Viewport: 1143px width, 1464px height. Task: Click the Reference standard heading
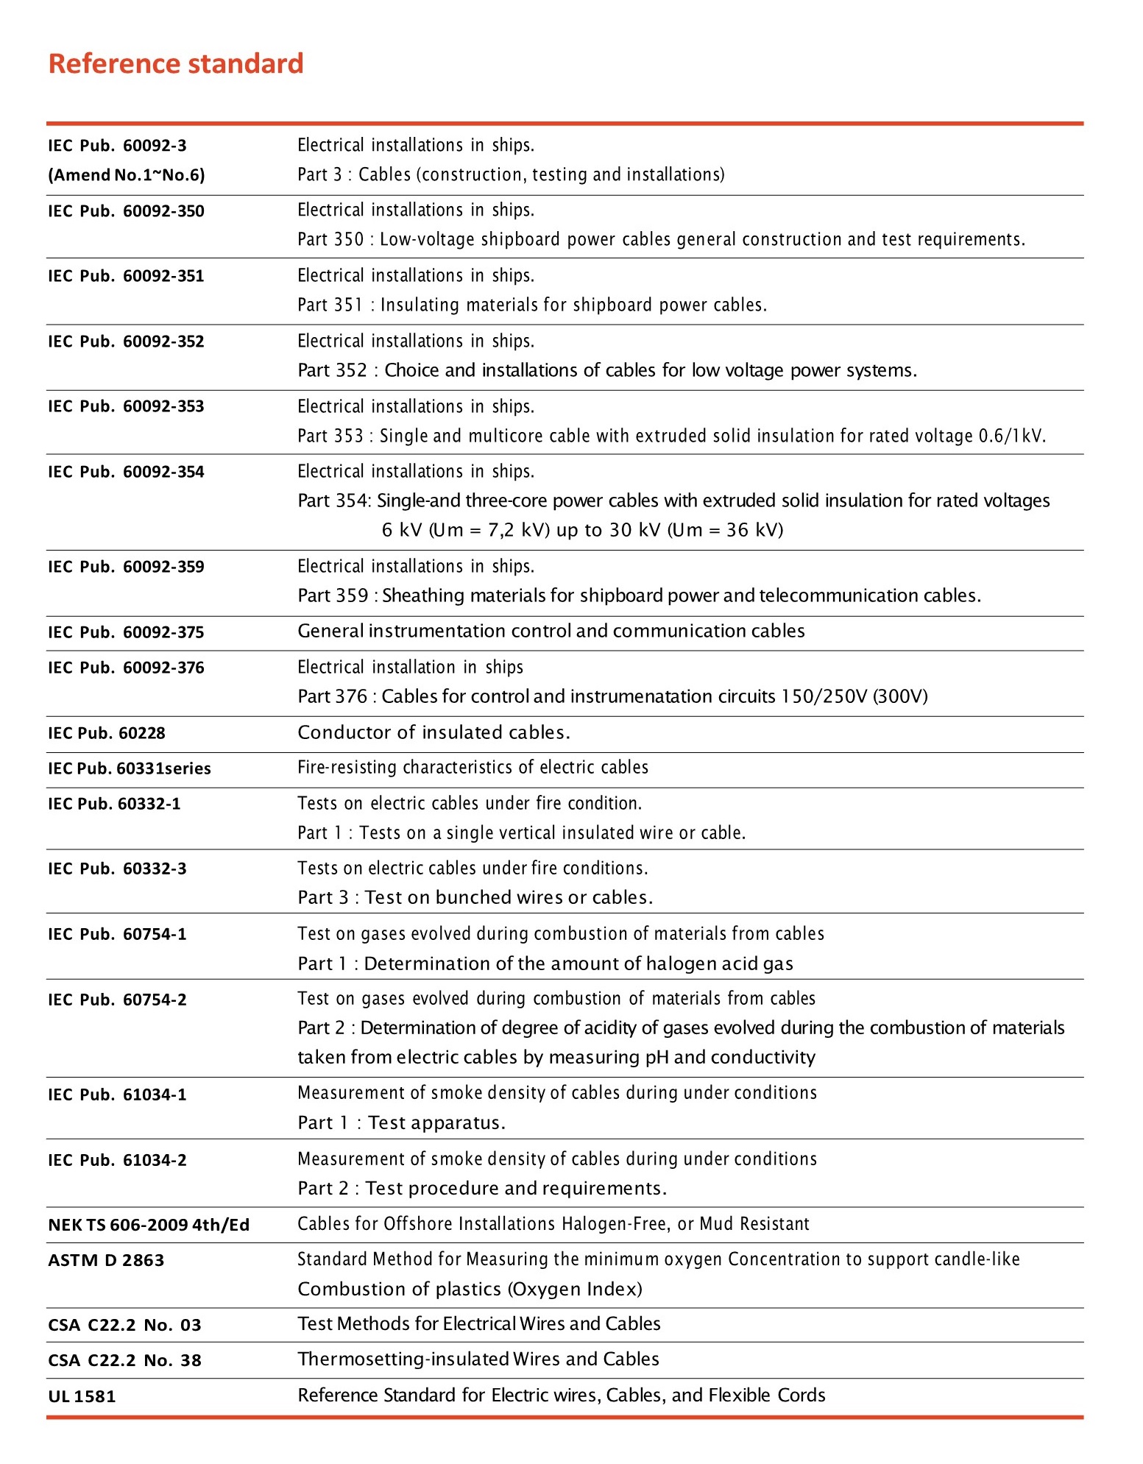176,63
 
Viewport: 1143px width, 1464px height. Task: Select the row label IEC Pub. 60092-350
126,211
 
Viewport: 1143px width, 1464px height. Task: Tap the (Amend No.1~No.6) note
127,175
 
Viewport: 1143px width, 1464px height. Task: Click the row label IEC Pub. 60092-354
126,472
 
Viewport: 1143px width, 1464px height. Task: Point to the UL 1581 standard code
82,1396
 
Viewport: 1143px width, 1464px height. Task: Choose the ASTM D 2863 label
106,1260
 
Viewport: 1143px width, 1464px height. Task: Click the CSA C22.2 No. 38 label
124,1360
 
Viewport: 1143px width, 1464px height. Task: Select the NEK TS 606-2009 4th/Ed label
149,1225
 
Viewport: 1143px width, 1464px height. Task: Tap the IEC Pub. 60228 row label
107,733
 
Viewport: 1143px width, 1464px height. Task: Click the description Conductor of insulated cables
434,732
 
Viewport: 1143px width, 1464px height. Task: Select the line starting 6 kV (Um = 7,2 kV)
582,530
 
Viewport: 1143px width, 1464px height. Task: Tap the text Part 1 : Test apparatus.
401,1122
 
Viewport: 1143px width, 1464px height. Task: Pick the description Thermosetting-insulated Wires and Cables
478,1359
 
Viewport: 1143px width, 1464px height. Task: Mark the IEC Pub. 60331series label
130,768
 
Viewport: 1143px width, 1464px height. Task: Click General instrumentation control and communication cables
551,631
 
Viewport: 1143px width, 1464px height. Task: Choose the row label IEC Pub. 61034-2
117,1160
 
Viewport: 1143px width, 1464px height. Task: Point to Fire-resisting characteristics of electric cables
473,767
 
